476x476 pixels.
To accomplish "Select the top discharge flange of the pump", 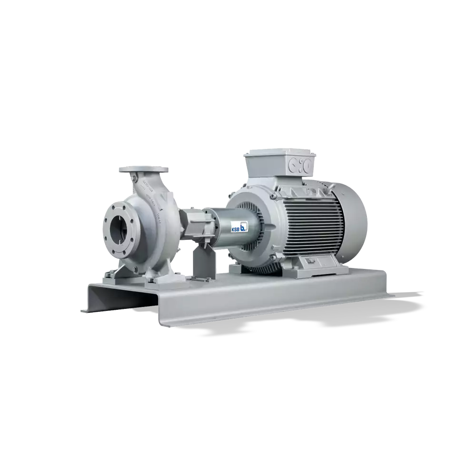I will pos(143,170).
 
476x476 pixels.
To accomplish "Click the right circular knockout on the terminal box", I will pos(307,166).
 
